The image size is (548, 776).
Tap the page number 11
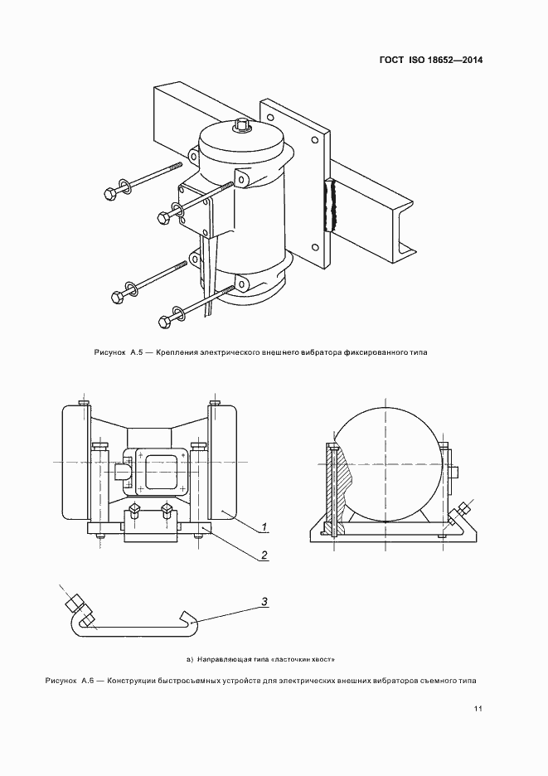[478, 708]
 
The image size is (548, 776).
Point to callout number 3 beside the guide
[263, 602]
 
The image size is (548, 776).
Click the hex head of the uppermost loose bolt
[109, 193]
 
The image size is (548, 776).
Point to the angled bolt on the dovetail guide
[76, 608]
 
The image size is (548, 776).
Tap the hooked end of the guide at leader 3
[187, 619]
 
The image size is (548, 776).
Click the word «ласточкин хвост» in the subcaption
[308, 660]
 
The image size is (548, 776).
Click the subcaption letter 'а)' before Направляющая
[190, 660]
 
